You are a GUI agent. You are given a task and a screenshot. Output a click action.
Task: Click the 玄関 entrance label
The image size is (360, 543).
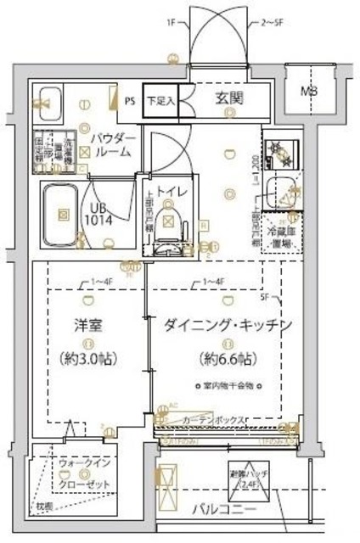coord(227,99)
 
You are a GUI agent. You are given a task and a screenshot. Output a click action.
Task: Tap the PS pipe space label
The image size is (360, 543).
coord(130,99)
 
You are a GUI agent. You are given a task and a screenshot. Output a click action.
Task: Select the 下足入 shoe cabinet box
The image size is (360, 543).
coord(160,99)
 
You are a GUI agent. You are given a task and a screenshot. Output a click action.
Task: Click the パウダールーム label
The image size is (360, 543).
coord(109,145)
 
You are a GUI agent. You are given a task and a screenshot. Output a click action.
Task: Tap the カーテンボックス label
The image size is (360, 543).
coord(213,420)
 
